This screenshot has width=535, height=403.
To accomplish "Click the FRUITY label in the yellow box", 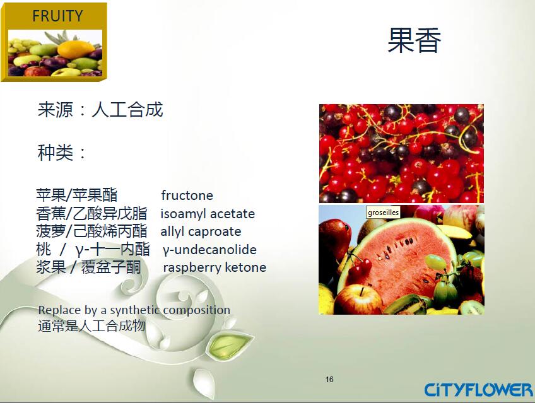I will pyautogui.click(x=57, y=16).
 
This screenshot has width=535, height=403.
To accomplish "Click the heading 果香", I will pyautogui.click(x=414, y=40).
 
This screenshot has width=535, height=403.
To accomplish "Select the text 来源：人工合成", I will pyautogui.click(x=100, y=110).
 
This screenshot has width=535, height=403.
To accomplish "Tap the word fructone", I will pyautogui.click(x=187, y=196).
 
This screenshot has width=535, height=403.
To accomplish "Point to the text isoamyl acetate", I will pyautogui.click(x=208, y=214).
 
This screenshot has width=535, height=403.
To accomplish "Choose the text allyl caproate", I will pyautogui.click(x=201, y=231).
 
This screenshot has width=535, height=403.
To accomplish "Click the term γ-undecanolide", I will pyautogui.click(x=209, y=250).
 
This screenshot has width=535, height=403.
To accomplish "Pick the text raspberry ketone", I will pyautogui.click(x=215, y=267).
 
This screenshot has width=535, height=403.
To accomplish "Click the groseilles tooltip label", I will pyautogui.click(x=384, y=213).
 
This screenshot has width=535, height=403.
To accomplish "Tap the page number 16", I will pyautogui.click(x=329, y=379).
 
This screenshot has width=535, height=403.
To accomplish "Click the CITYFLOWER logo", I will pyautogui.click(x=478, y=389).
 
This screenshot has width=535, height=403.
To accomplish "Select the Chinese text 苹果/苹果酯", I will pyautogui.click(x=76, y=195).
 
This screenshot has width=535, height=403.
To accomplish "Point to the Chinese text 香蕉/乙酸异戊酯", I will pyautogui.click(x=91, y=213).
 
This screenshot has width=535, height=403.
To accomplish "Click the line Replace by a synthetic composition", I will pyautogui.click(x=134, y=310).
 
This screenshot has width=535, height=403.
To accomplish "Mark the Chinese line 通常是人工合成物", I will pyautogui.click(x=91, y=326).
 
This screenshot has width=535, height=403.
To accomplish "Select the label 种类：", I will pyautogui.click(x=62, y=153).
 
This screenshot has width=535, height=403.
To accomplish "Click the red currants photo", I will pyautogui.click(x=401, y=153).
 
